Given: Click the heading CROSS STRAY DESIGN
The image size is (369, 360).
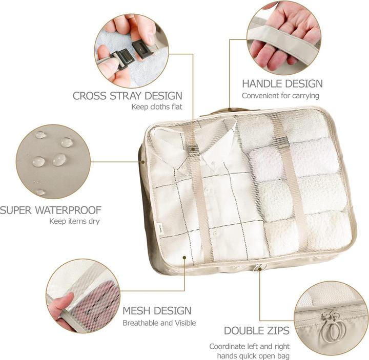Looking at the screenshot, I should click(x=128, y=95).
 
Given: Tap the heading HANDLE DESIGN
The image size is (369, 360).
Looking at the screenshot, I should click(x=282, y=83).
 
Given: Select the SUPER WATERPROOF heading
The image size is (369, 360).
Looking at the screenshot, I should click(x=50, y=210).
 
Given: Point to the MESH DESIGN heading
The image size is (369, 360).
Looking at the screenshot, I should click(x=157, y=310).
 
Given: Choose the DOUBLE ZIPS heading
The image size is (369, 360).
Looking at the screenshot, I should click(x=256, y=330).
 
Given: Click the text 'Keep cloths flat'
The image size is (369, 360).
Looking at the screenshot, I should click(x=158, y=107).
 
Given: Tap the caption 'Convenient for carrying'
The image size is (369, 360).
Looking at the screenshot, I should click(x=280, y=96).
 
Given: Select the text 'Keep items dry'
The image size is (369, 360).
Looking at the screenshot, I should click(x=74, y=222).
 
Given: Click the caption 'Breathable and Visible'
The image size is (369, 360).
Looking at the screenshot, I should click(x=159, y=323).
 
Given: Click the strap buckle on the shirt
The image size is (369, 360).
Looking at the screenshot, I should click(x=194, y=150).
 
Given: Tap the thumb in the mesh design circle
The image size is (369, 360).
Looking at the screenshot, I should click(x=63, y=307).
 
